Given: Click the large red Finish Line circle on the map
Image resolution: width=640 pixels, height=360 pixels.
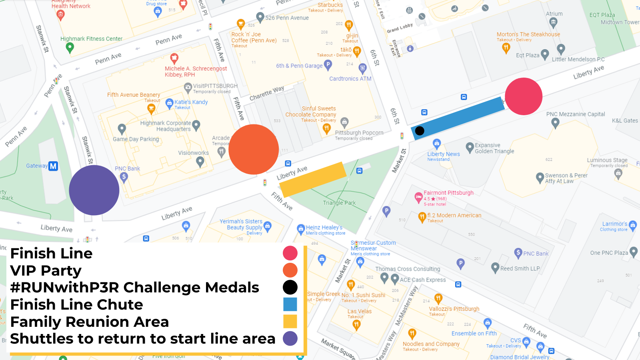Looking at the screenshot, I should pos(523,96).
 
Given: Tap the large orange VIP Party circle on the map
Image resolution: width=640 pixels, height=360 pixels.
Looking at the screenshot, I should pos(254,149).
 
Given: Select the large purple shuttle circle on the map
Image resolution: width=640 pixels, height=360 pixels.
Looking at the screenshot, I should pos(94,190).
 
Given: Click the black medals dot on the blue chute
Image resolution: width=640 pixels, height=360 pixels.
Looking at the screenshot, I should pos(420,131).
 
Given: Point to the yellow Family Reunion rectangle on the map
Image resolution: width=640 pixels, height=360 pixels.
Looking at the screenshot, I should pos(312,179).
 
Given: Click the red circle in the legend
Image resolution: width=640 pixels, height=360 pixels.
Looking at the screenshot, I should pos(290,253).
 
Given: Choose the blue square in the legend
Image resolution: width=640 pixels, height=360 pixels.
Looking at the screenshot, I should pos(290,304).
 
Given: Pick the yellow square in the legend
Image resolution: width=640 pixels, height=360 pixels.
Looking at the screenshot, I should pos(290,322).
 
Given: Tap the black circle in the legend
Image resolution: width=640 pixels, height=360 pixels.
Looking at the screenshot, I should pos(290,287).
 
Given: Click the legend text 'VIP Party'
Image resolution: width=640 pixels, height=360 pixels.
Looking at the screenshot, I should pos(46,271).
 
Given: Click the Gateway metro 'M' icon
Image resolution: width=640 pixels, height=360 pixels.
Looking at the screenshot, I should pos(53,166).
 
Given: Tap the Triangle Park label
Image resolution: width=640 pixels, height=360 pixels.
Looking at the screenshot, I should pos(339,203).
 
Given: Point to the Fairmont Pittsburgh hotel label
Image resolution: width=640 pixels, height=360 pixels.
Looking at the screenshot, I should pos(448,193).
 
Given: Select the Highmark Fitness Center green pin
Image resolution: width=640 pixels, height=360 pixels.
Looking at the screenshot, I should pos(70,48).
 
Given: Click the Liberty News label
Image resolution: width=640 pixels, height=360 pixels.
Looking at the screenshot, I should pos(443,154).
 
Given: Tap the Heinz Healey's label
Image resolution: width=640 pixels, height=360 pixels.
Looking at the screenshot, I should pos(324,228).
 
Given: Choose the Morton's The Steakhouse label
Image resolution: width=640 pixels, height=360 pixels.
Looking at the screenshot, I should pos(528,34).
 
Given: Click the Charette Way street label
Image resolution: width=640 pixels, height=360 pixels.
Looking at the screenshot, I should pos(267,94).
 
